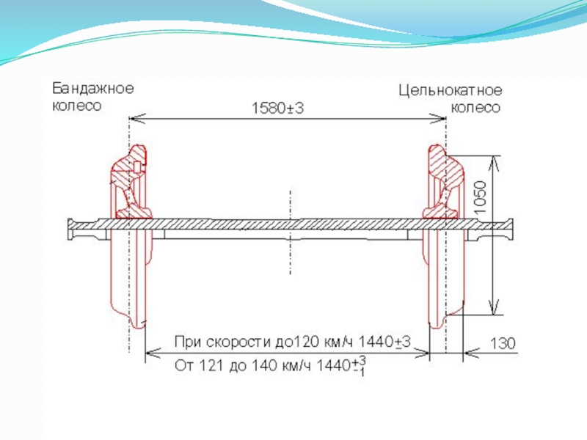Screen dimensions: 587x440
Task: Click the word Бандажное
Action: tap(92, 89)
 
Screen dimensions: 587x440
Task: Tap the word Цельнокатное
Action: tap(451, 92)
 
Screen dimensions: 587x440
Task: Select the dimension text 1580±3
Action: tap(277, 108)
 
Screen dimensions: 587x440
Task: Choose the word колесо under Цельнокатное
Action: tap(475, 108)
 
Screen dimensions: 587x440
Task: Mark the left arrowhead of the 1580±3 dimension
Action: tap(134, 117)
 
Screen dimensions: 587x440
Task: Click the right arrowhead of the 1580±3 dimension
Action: tap(441, 117)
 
